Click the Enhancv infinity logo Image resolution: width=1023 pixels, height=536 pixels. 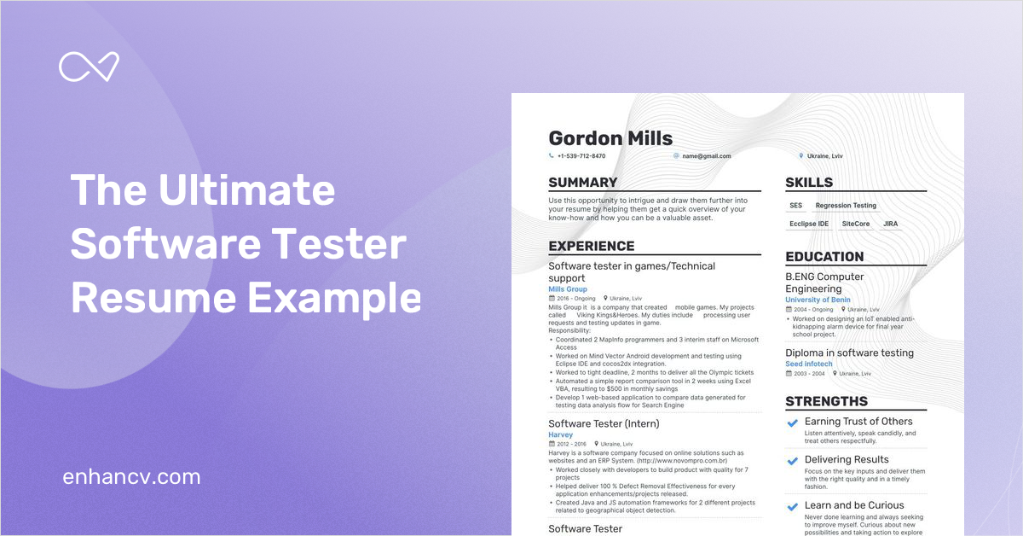(x=89, y=67)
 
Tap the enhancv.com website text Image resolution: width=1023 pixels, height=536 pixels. (x=131, y=476)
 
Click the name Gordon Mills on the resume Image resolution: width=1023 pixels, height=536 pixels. (x=610, y=138)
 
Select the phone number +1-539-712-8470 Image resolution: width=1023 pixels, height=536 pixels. (x=581, y=156)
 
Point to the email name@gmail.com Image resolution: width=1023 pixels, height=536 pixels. (x=705, y=156)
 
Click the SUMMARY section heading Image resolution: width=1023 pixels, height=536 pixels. (x=582, y=183)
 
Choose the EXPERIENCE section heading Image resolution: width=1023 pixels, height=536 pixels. (x=592, y=247)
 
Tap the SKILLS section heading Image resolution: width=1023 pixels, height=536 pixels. (x=809, y=183)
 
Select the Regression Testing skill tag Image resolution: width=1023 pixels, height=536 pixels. (x=846, y=206)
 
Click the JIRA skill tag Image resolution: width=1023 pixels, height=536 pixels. (x=890, y=224)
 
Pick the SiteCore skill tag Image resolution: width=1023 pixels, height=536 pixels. (x=856, y=224)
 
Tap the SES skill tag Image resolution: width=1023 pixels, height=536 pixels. (x=795, y=206)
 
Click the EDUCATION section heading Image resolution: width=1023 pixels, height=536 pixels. (x=824, y=257)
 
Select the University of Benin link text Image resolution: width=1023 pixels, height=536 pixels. (x=818, y=300)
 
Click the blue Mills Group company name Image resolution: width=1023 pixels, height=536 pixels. (x=568, y=289)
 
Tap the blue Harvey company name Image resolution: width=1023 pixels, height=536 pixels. (x=561, y=435)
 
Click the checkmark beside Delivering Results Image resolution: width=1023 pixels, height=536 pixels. (x=792, y=460)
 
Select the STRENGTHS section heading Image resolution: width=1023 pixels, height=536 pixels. (x=826, y=401)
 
